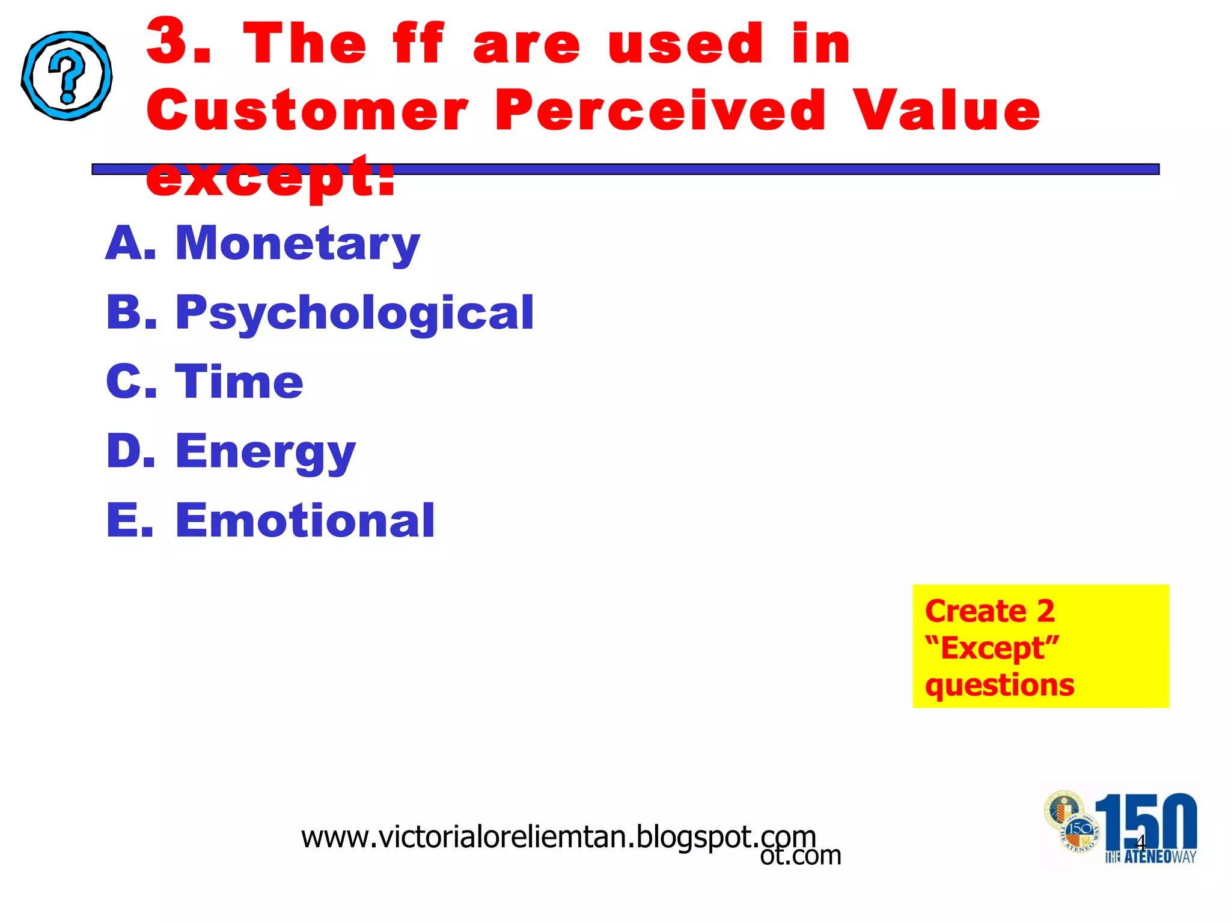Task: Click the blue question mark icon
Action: [67, 76]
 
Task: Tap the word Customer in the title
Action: [307, 110]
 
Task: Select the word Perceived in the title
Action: [661, 110]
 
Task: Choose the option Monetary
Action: [298, 243]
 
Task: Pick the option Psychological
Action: [354, 312]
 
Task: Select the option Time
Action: [239, 382]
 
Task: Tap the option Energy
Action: [265, 452]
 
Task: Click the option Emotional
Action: [305, 520]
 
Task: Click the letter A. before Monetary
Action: [130, 243]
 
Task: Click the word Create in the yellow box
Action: [975, 612]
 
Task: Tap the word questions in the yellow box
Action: [1000, 685]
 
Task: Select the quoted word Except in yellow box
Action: [992, 648]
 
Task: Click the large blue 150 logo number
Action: [1146, 820]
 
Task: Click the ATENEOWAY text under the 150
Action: [1150, 857]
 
